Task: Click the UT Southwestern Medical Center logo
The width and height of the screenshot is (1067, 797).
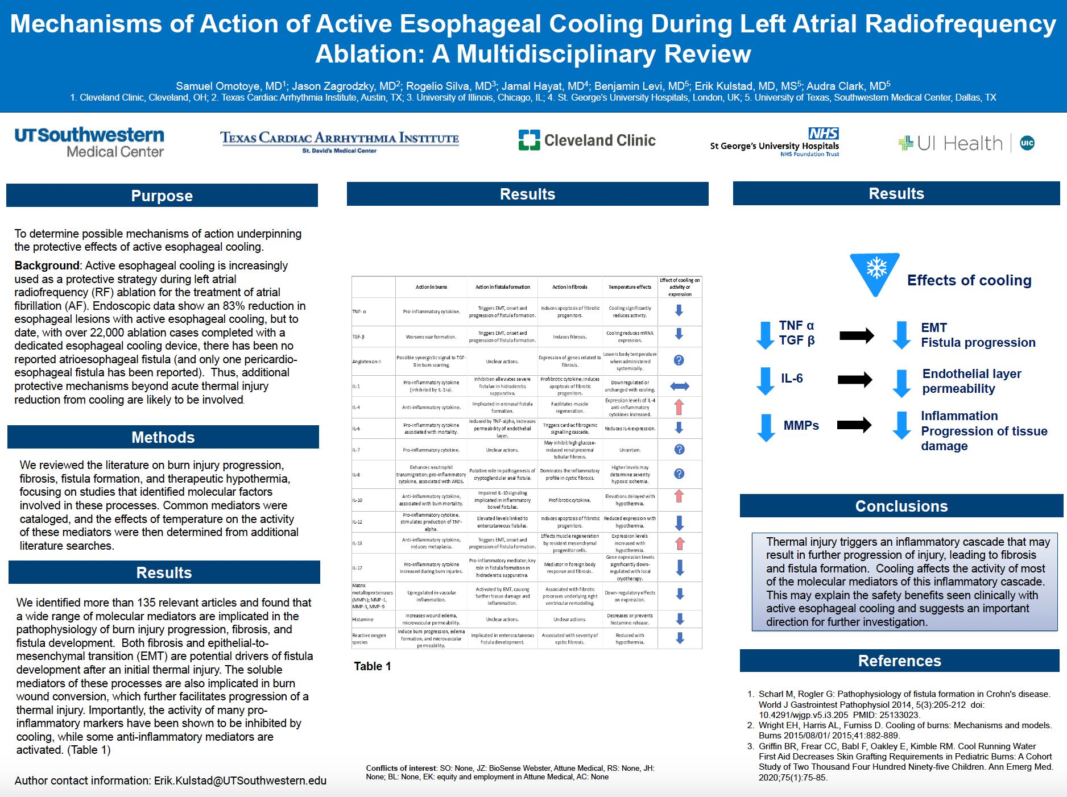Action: click(x=89, y=142)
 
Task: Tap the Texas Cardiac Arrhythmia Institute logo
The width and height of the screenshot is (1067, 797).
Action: click(x=340, y=141)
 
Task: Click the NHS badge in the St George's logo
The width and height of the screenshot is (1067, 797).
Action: click(x=823, y=134)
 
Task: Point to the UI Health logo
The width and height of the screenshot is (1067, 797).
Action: click(x=966, y=143)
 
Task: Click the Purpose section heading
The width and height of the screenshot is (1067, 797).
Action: click(x=162, y=196)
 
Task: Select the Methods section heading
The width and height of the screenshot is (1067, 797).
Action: click(x=163, y=437)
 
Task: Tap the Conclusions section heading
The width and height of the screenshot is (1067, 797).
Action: click(x=901, y=506)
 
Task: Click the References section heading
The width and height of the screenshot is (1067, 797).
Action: click(x=899, y=661)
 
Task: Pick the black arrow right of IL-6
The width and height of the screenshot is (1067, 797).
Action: click(x=855, y=379)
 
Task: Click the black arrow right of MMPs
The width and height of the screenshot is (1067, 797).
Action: click(x=854, y=424)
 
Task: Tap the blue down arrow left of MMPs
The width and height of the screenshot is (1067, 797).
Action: click(x=766, y=427)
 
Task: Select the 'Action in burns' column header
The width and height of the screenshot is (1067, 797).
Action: click(x=431, y=287)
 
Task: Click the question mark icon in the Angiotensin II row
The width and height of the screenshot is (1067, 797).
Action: click(x=679, y=360)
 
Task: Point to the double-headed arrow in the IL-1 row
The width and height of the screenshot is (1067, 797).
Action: click(x=679, y=387)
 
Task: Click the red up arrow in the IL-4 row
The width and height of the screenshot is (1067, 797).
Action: click(x=679, y=407)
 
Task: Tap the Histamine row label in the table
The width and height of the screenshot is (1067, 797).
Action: click(x=363, y=620)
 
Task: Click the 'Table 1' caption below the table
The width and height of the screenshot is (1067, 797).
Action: click(x=373, y=666)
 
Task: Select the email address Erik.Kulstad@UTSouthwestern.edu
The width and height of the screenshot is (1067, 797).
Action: click(x=240, y=781)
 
